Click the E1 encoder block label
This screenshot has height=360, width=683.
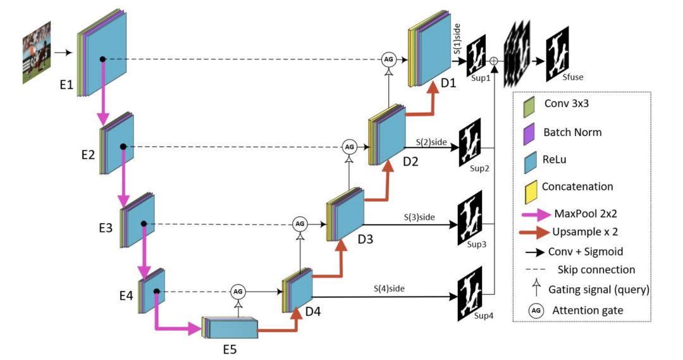coord(66,85)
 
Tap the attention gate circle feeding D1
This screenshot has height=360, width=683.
coord(388,59)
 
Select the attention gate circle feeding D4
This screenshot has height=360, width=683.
coord(238,292)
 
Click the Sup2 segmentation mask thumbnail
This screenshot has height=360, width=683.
coord(469,142)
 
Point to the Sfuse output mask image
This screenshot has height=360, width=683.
coord(558,54)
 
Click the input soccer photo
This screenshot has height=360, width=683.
coord(37,53)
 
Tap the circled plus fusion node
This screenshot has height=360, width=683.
coord(494,61)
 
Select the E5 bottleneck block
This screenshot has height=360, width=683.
coord(230,328)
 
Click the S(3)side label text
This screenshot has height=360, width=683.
coord(419,217)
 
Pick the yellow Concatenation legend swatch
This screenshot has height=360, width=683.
coord(531,192)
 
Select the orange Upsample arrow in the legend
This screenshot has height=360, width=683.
coord(534,232)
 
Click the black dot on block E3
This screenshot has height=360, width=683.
coord(144,224)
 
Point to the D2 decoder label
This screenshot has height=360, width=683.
coord(410,162)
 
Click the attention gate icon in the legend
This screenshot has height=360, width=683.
coord(536,311)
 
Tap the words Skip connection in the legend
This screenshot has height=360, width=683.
coord(596,270)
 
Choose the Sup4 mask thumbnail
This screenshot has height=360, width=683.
coord(470,294)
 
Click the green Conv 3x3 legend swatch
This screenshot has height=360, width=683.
coord(529,107)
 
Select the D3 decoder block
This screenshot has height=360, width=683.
coord(345,214)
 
